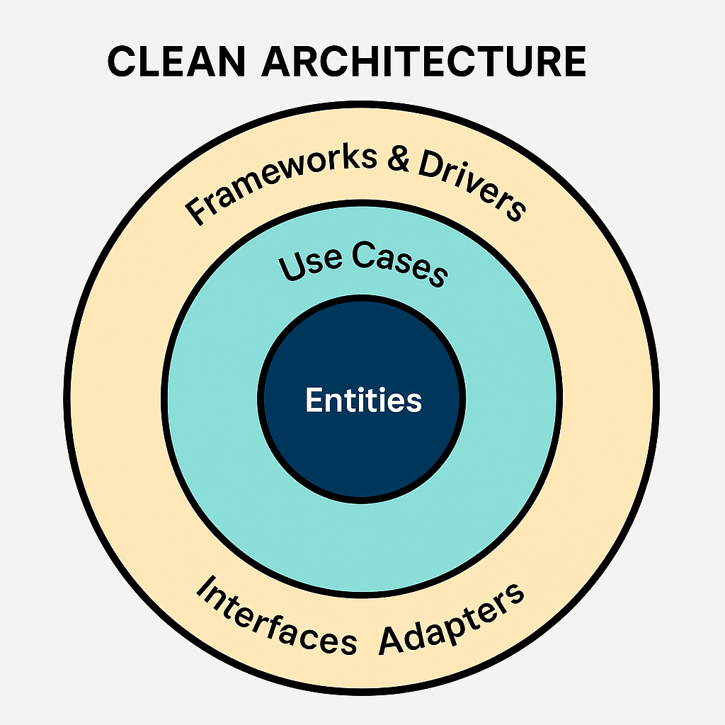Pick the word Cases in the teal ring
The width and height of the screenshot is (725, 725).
click(x=399, y=263)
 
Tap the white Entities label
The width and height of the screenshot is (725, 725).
click(x=363, y=400)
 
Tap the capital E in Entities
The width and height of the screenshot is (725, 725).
click(x=314, y=400)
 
